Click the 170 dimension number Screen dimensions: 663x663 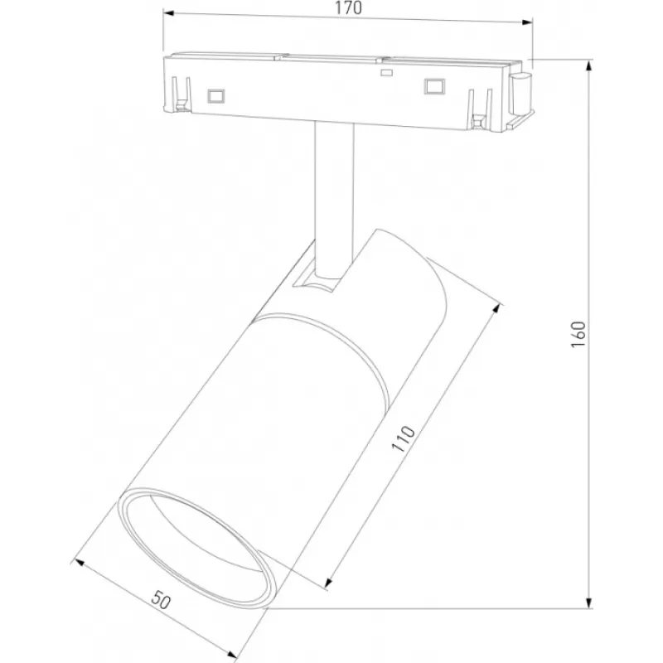[x=348, y=8]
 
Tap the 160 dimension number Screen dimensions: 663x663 [x=578, y=335]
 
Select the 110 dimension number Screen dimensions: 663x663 [x=403, y=438]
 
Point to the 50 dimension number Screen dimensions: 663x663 [x=161, y=599]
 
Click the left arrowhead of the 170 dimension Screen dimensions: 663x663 [x=168, y=13]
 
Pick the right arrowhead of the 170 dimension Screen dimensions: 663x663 [x=527, y=22]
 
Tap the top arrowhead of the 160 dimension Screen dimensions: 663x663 [x=588, y=65]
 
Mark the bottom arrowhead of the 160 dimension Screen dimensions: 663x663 [x=588, y=603]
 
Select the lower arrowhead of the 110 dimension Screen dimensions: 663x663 [x=329, y=583]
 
